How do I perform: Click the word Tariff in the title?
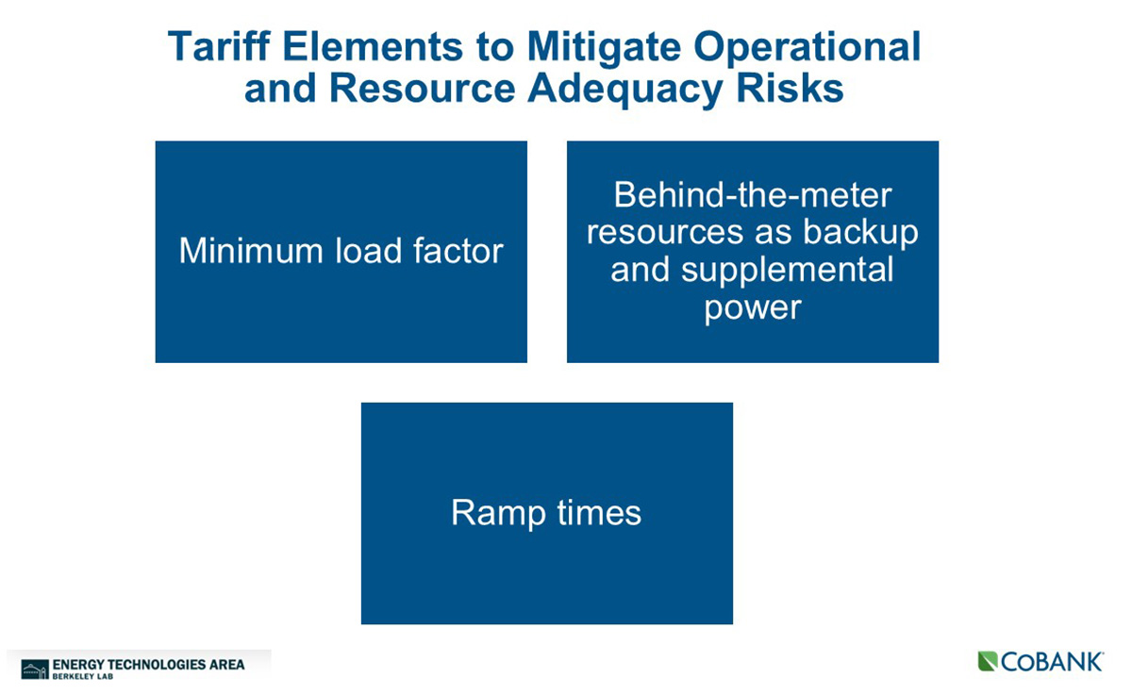219,46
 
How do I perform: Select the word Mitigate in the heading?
604,49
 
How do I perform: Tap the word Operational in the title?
807,49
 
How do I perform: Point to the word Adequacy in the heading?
625,90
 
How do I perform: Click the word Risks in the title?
790,88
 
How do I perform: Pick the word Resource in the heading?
422,89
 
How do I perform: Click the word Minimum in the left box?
251,250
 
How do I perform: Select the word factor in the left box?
458,250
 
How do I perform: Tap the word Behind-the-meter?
753,194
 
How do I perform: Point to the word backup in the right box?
860,232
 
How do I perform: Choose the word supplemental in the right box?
787,271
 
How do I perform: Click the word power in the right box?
753,308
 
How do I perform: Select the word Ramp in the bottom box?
498,513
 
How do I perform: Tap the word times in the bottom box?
599,512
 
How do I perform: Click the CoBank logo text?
1051,662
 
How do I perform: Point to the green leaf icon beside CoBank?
988,662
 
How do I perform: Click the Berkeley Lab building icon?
35,670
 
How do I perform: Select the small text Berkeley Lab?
82,677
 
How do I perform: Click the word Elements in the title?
373,46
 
